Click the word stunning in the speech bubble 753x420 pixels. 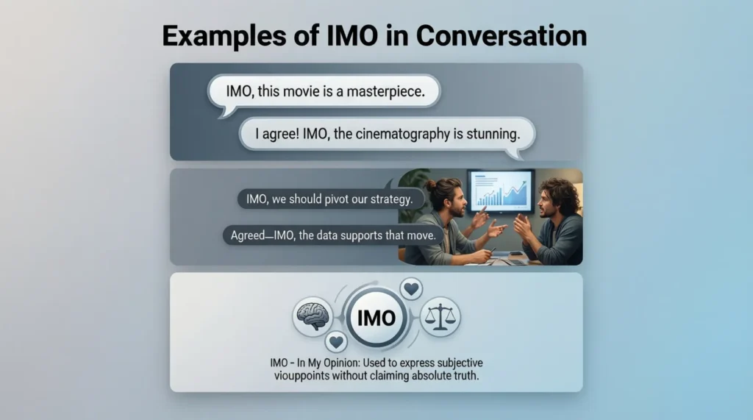point(491,135)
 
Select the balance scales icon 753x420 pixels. point(440,317)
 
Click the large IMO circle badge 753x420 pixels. point(376,318)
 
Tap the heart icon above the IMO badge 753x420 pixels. point(412,288)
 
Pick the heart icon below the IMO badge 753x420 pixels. point(337,341)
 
